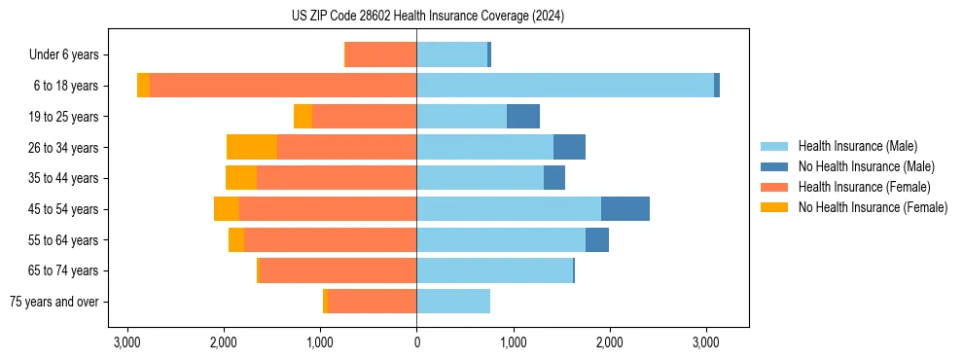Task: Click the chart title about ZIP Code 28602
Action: point(427,17)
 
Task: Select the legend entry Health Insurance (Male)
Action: point(857,146)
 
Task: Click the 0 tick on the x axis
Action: point(416,342)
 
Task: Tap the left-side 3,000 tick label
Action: point(127,342)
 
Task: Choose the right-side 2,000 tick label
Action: point(609,342)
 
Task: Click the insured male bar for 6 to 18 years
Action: point(565,86)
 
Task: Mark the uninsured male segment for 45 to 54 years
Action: point(625,209)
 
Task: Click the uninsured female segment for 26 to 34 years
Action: point(252,147)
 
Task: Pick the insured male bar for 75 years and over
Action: point(453,302)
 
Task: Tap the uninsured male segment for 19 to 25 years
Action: point(523,117)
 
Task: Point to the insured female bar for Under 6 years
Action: point(381,55)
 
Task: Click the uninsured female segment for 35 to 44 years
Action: point(241,178)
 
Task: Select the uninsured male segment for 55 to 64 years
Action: point(597,240)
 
